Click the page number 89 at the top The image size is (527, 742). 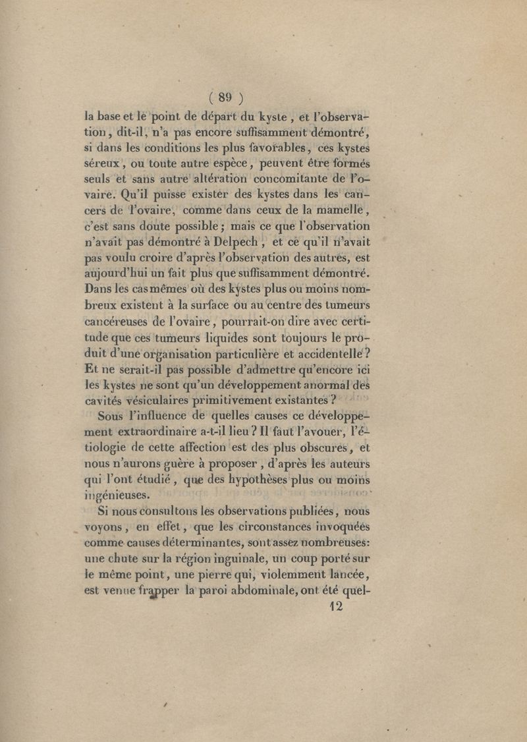[226, 98]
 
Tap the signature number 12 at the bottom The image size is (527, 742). [336, 607]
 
